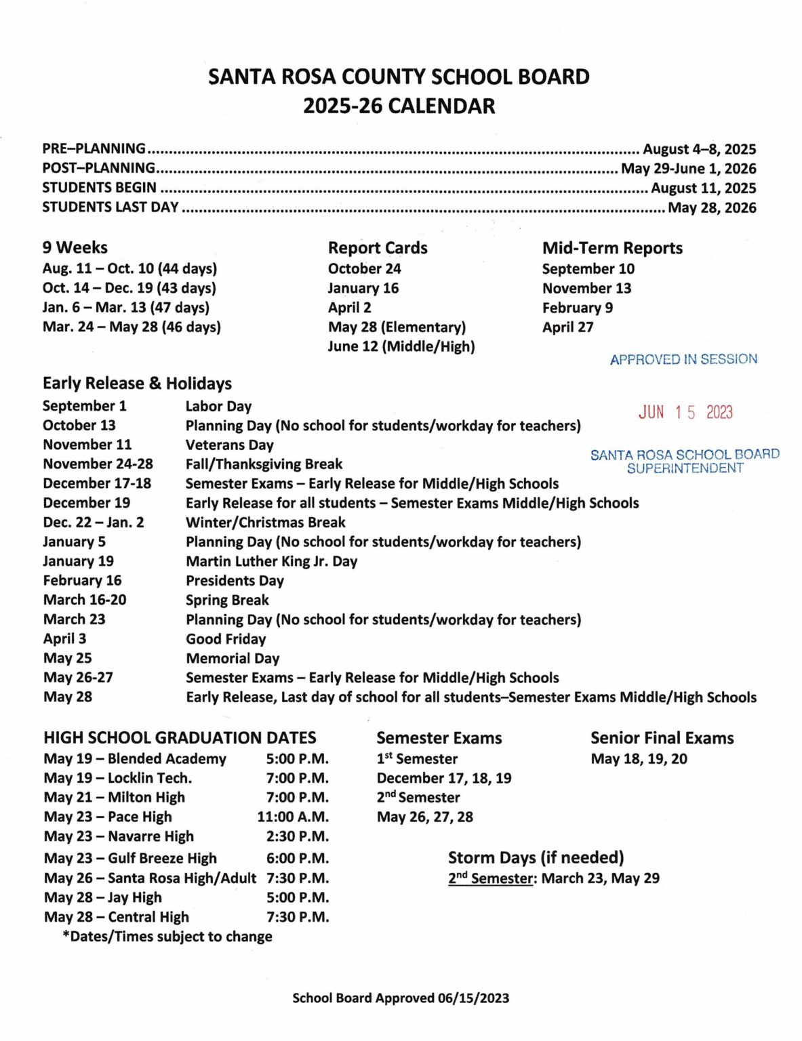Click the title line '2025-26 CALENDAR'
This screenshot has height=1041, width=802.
pos(399,106)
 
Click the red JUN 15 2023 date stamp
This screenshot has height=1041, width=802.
pos(685,412)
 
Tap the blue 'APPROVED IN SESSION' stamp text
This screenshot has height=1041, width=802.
pos(683,359)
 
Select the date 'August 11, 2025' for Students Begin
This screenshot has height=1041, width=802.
pos(703,188)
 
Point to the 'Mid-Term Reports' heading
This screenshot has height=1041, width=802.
pos(612,248)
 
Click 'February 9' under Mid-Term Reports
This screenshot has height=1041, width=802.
pos(577,308)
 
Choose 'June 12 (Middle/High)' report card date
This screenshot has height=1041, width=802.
pos(401,346)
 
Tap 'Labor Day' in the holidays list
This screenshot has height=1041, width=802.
pos(218,407)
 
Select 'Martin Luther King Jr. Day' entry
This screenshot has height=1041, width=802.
pos(271,561)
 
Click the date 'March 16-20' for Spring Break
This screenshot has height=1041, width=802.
pos(85,600)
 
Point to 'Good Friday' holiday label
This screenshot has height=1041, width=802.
pos(226,639)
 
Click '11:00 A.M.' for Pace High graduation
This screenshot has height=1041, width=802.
pos(293,817)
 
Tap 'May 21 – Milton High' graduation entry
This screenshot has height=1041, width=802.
pos(114,798)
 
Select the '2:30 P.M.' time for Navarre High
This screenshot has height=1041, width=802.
pos(297,836)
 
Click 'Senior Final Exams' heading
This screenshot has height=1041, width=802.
pos(662,738)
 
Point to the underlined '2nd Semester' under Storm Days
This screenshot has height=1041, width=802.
pos(491,878)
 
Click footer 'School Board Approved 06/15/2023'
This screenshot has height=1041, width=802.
pos(401,998)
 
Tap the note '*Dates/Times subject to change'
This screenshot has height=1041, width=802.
pos(167,937)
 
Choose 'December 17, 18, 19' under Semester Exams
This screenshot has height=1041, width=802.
pos(444,778)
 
